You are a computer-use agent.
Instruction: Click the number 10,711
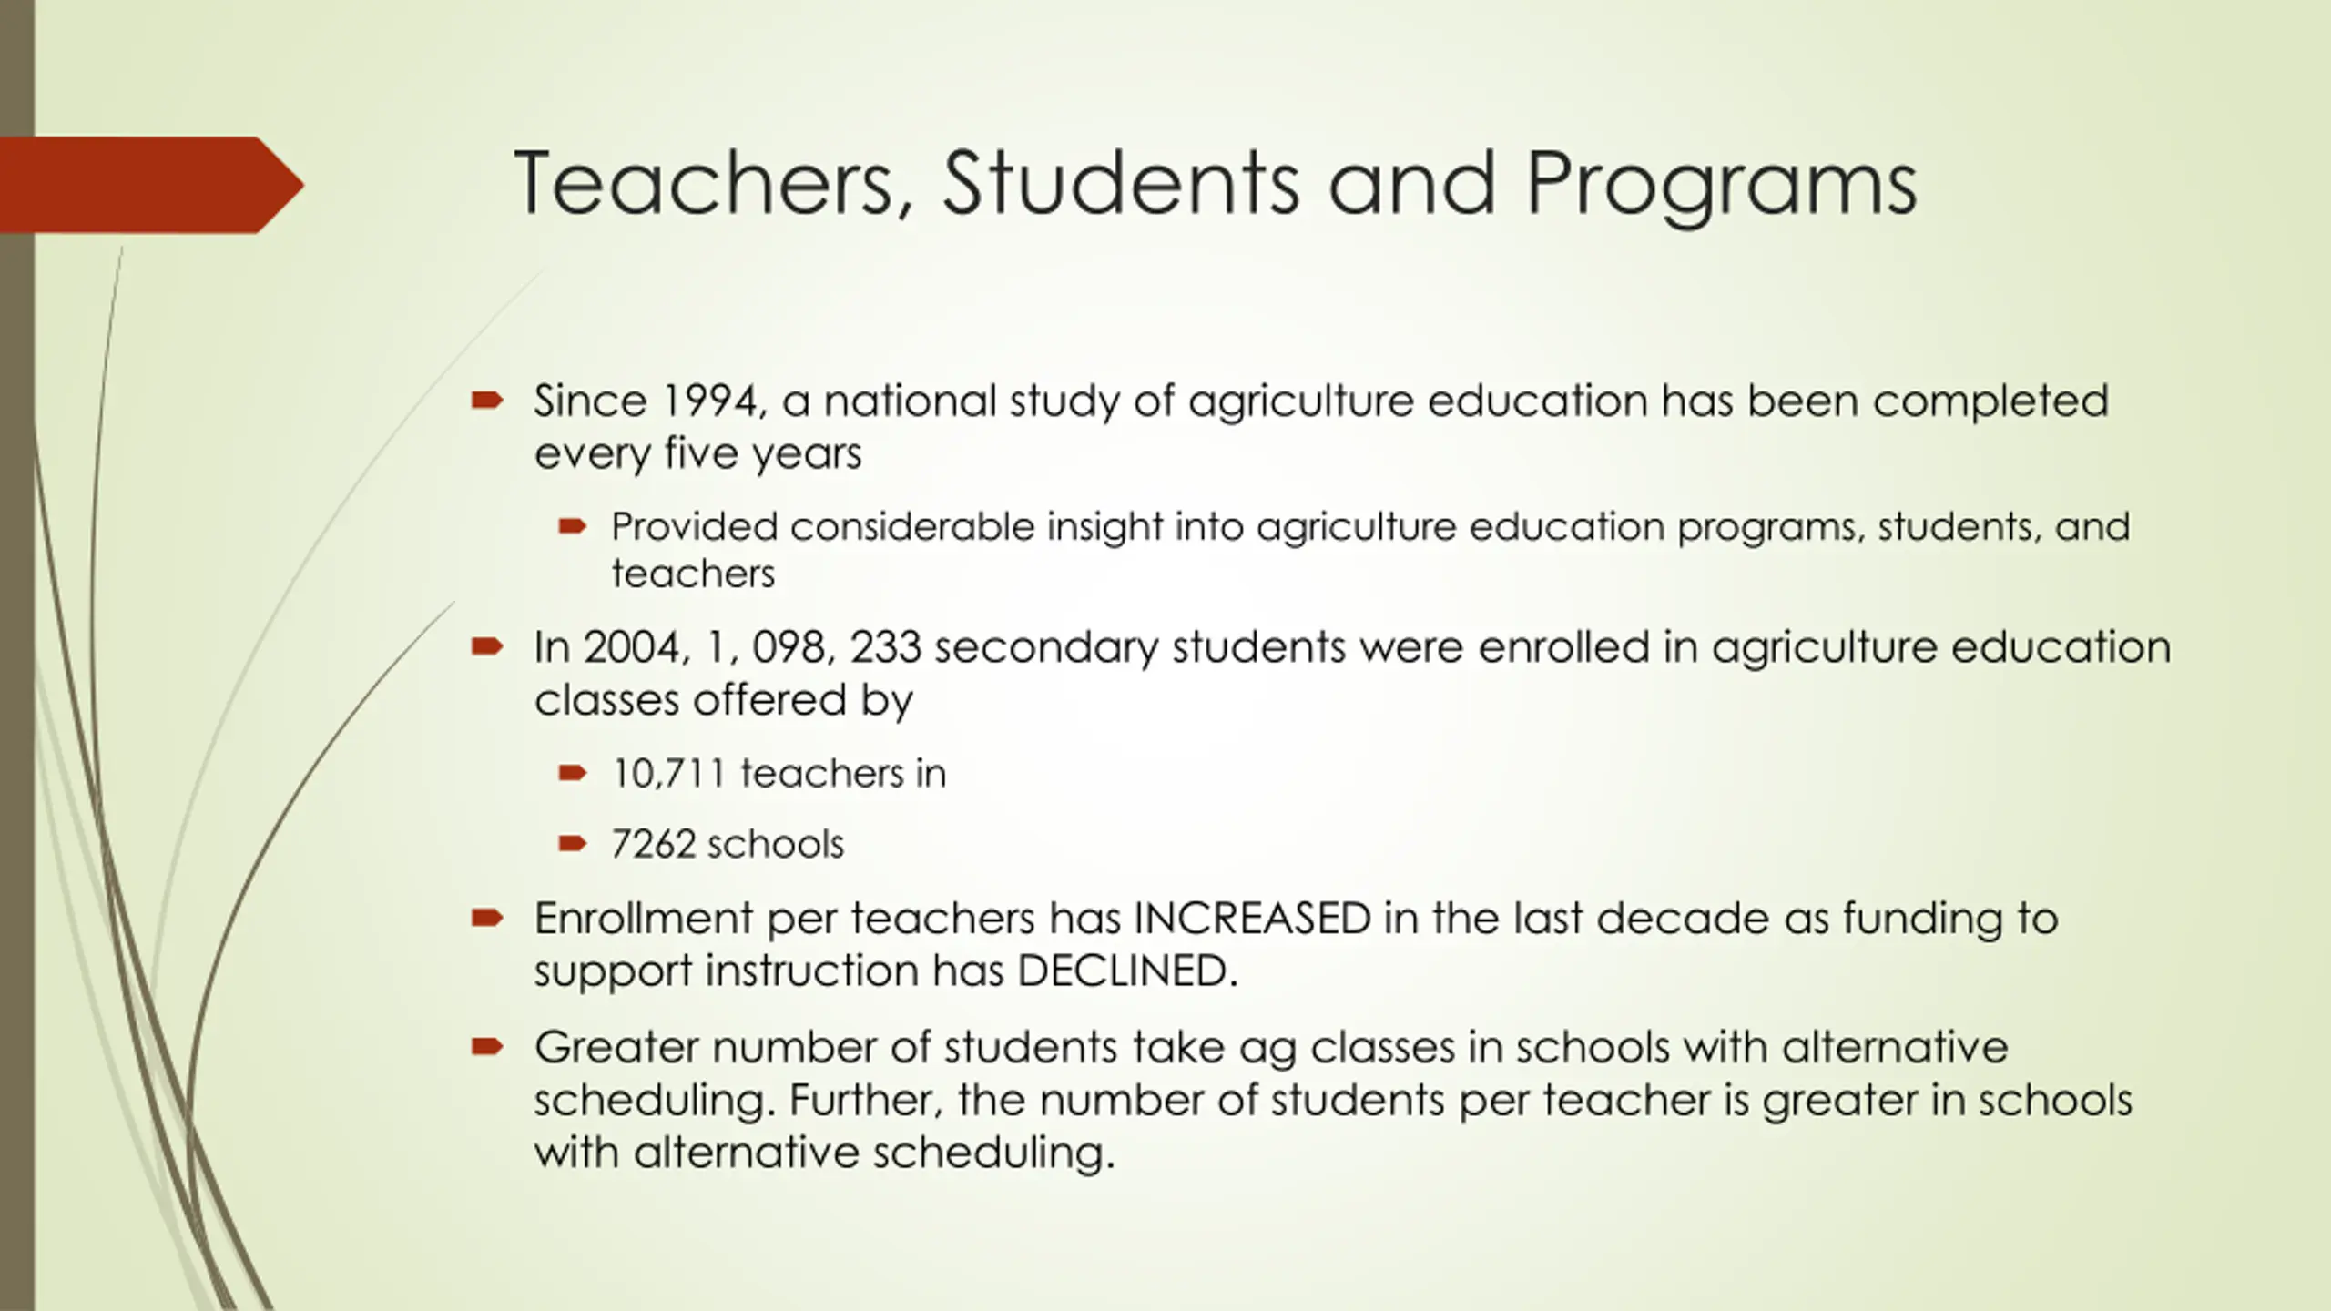tap(668, 774)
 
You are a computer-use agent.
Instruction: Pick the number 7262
tap(653, 844)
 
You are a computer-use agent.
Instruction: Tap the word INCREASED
tap(1252, 918)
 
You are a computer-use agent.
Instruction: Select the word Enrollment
tap(643, 918)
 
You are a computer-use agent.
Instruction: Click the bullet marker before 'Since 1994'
tap(487, 401)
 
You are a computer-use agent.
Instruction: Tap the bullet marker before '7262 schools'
tap(572, 844)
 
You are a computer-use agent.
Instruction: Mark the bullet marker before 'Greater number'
tap(487, 1047)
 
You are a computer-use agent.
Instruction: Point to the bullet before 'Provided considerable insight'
tap(572, 526)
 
